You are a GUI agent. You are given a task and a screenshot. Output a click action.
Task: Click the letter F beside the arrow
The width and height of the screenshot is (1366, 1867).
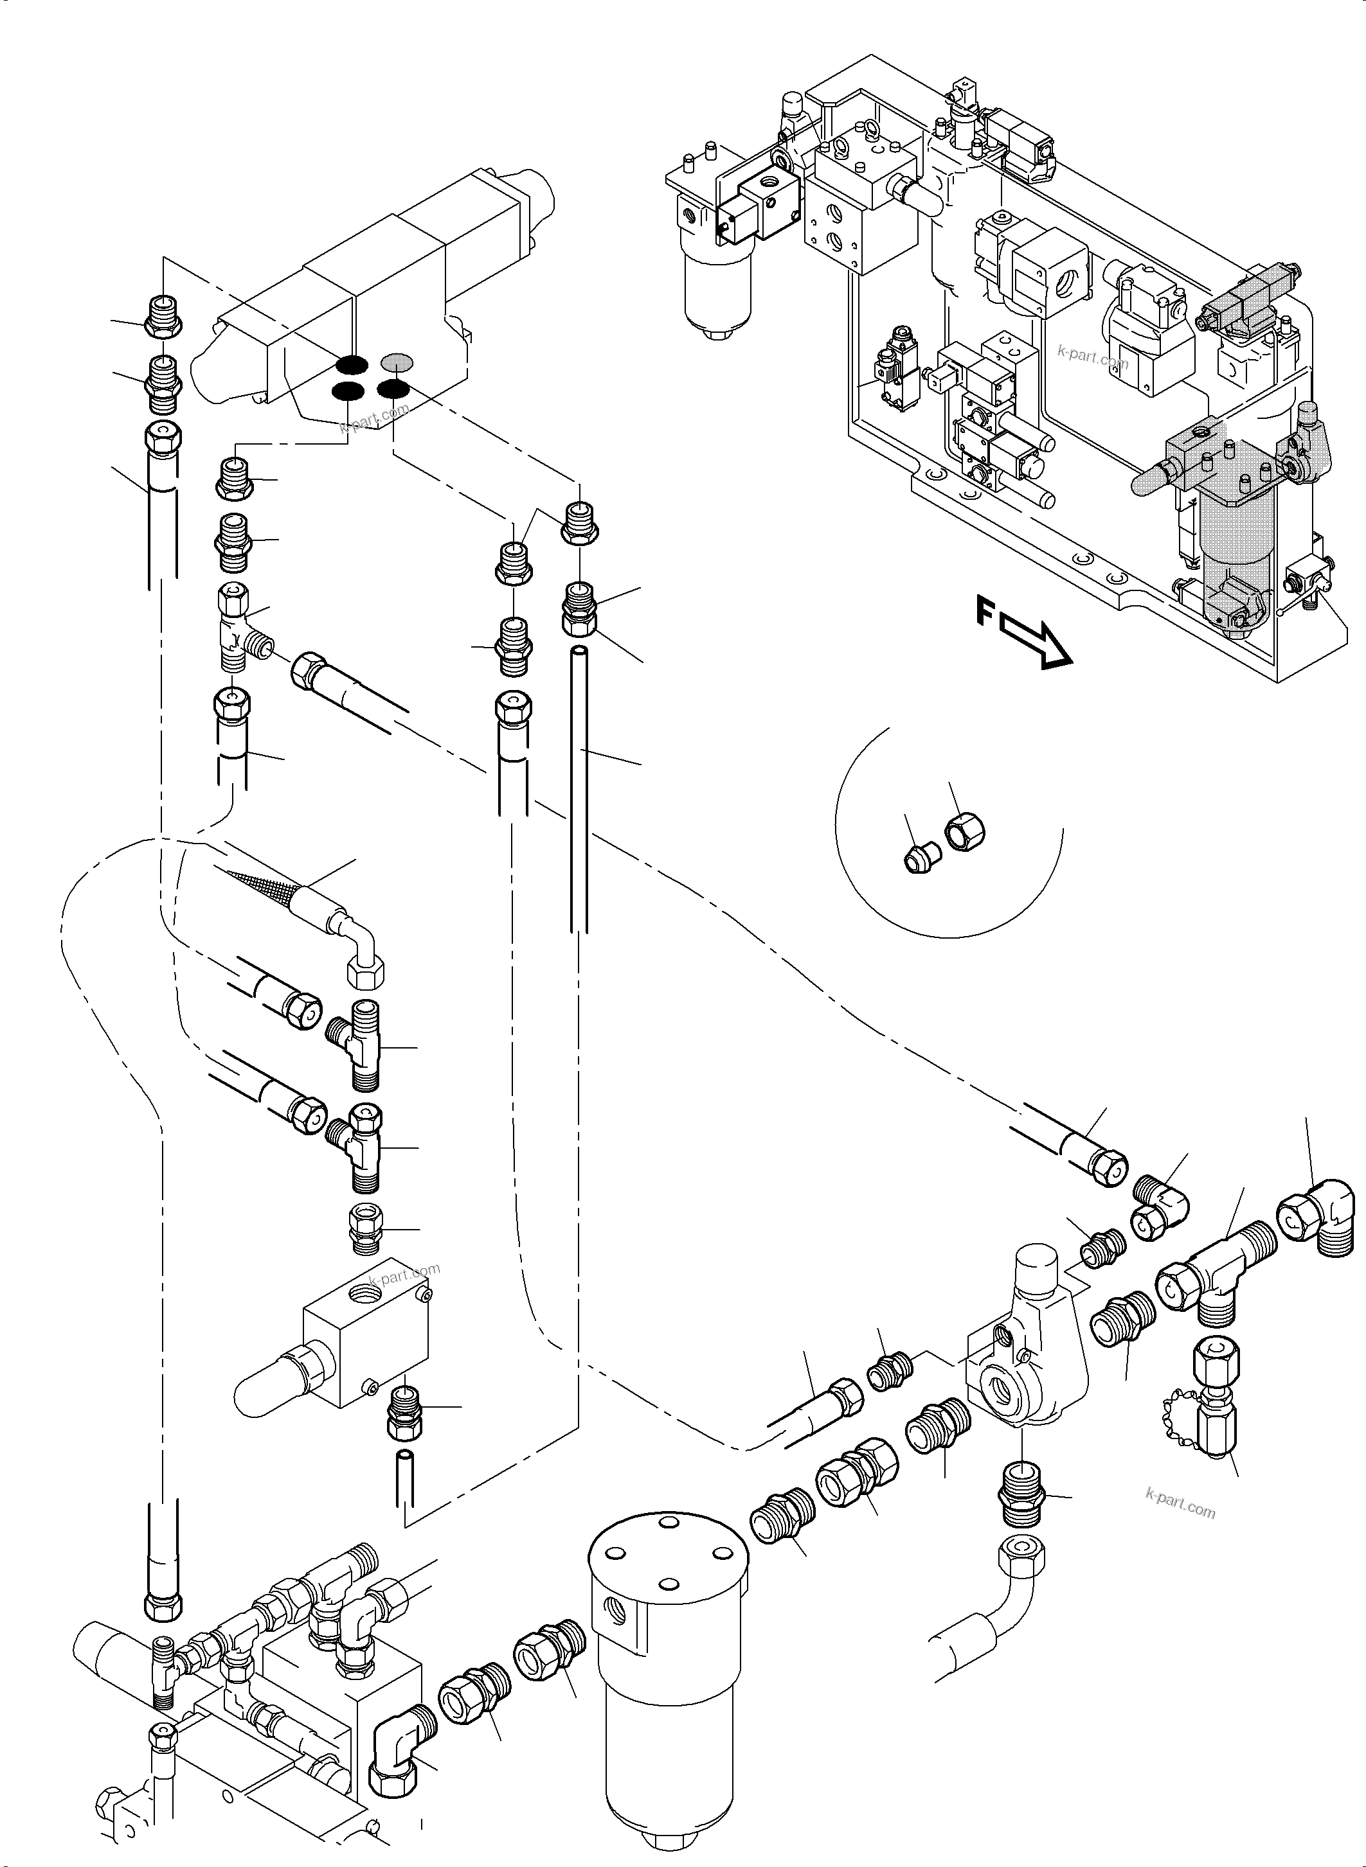click(x=985, y=612)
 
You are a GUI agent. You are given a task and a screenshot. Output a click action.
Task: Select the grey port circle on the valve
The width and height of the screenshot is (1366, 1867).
click(x=396, y=361)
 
